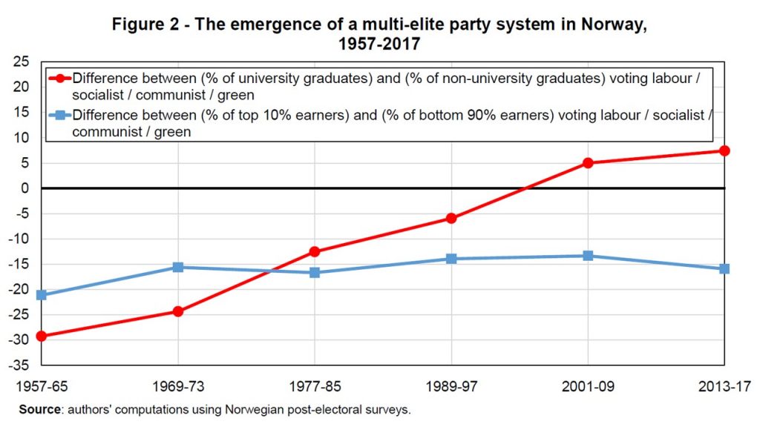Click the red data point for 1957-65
pyautogui.click(x=42, y=336)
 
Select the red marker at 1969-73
pyautogui.click(x=178, y=311)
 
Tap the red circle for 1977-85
pyautogui.click(x=315, y=251)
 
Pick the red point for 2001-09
pyautogui.click(x=588, y=163)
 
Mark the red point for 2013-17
pyautogui.click(x=724, y=150)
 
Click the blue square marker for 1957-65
pyautogui.click(x=42, y=295)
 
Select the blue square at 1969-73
pyautogui.click(x=178, y=267)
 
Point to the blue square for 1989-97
pyautogui.click(x=451, y=259)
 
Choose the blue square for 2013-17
pyautogui.click(x=724, y=268)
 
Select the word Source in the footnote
pyautogui.click(x=39, y=409)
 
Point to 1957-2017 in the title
pyautogui.click(x=379, y=44)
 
